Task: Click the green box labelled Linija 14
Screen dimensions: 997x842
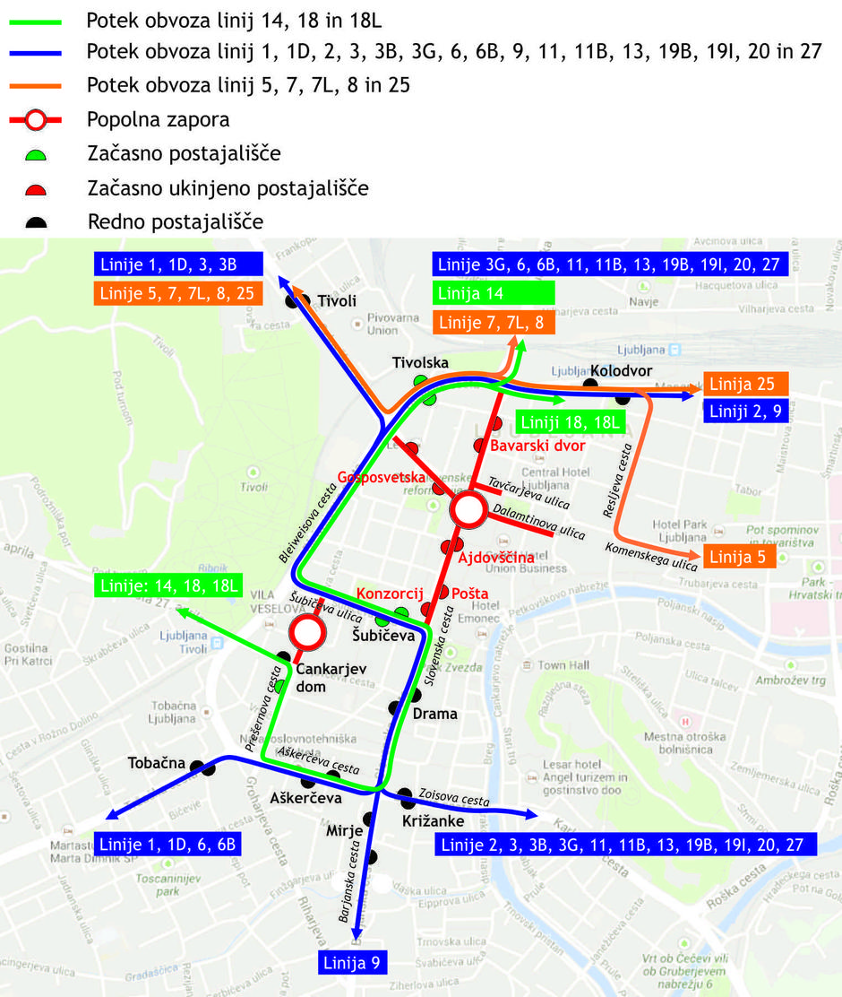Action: [x=494, y=293]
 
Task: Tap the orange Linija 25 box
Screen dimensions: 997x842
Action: [x=745, y=384]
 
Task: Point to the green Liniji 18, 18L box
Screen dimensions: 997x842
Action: [x=570, y=421]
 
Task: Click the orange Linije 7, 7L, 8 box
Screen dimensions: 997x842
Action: [x=493, y=323]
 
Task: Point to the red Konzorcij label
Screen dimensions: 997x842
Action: [x=390, y=594]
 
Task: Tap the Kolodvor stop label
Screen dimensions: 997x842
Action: [x=621, y=371]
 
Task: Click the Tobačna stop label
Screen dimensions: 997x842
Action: [x=157, y=763]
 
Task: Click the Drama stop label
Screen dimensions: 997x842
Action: [x=434, y=714]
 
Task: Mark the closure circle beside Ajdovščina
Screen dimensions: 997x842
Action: [x=468, y=511]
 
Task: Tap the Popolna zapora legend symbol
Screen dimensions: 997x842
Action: [x=35, y=119]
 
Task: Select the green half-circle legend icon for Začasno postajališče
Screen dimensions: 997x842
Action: [x=35, y=154]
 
